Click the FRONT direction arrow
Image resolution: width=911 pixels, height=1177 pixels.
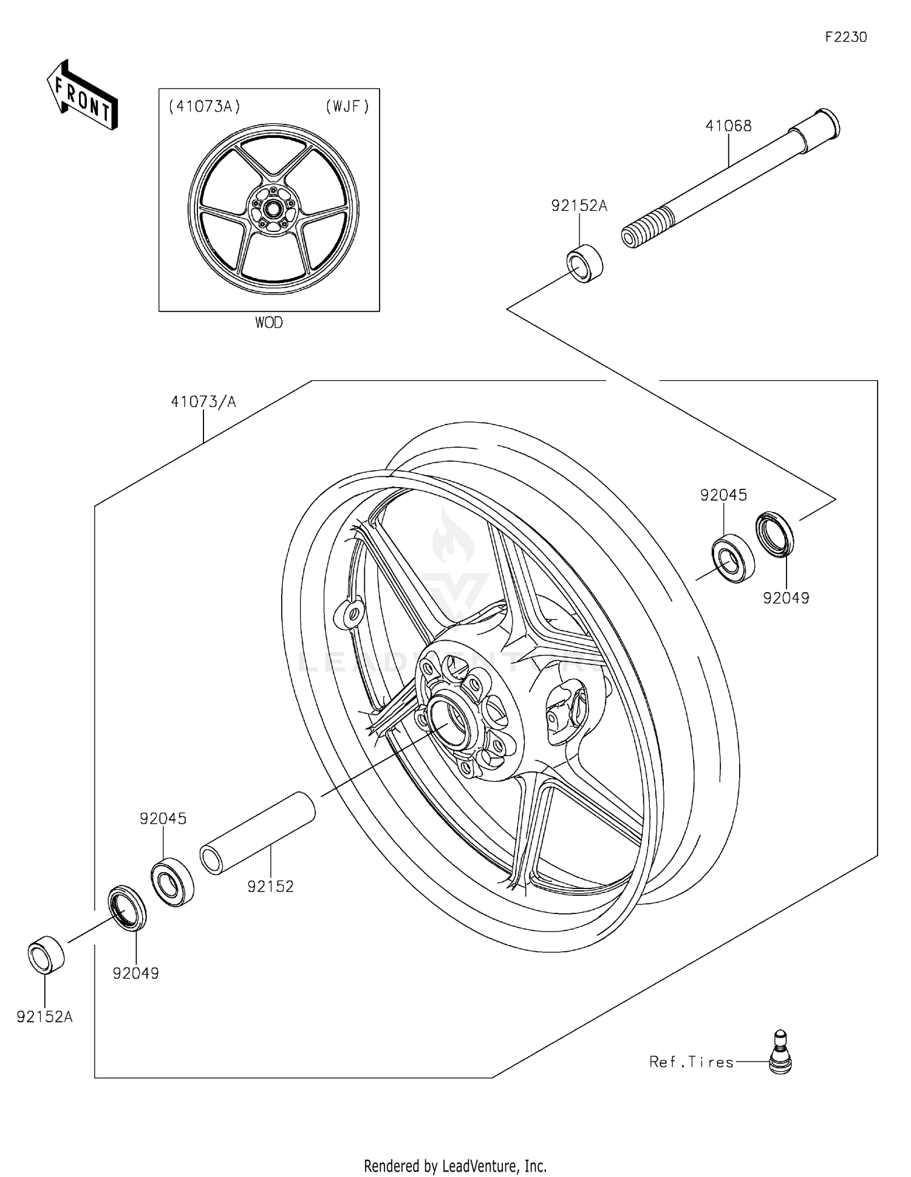tap(82, 95)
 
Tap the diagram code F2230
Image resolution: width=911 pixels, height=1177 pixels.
tap(845, 37)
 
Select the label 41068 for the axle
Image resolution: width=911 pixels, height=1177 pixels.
tap(728, 126)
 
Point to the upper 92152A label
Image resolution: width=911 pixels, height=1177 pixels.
tap(579, 206)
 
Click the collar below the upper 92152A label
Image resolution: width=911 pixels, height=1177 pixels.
tap(584, 262)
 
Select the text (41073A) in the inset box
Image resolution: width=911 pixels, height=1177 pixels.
tap(204, 107)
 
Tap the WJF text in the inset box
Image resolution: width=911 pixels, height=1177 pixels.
tap(347, 107)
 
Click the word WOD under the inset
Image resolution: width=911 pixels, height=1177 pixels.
tap(268, 322)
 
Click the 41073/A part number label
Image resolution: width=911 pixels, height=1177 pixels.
tap(203, 401)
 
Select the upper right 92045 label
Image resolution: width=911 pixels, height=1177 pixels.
tap(723, 495)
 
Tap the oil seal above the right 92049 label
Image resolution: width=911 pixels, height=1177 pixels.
tap(774, 534)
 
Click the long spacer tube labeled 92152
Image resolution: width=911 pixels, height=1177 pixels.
tap(258, 833)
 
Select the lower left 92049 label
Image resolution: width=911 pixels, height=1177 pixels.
tap(135, 974)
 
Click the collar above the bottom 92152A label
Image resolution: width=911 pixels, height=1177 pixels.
tap(46, 955)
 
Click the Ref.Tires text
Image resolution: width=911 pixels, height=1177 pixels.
tap(691, 1062)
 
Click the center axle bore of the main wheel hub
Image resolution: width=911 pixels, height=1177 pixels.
tap(450, 722)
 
